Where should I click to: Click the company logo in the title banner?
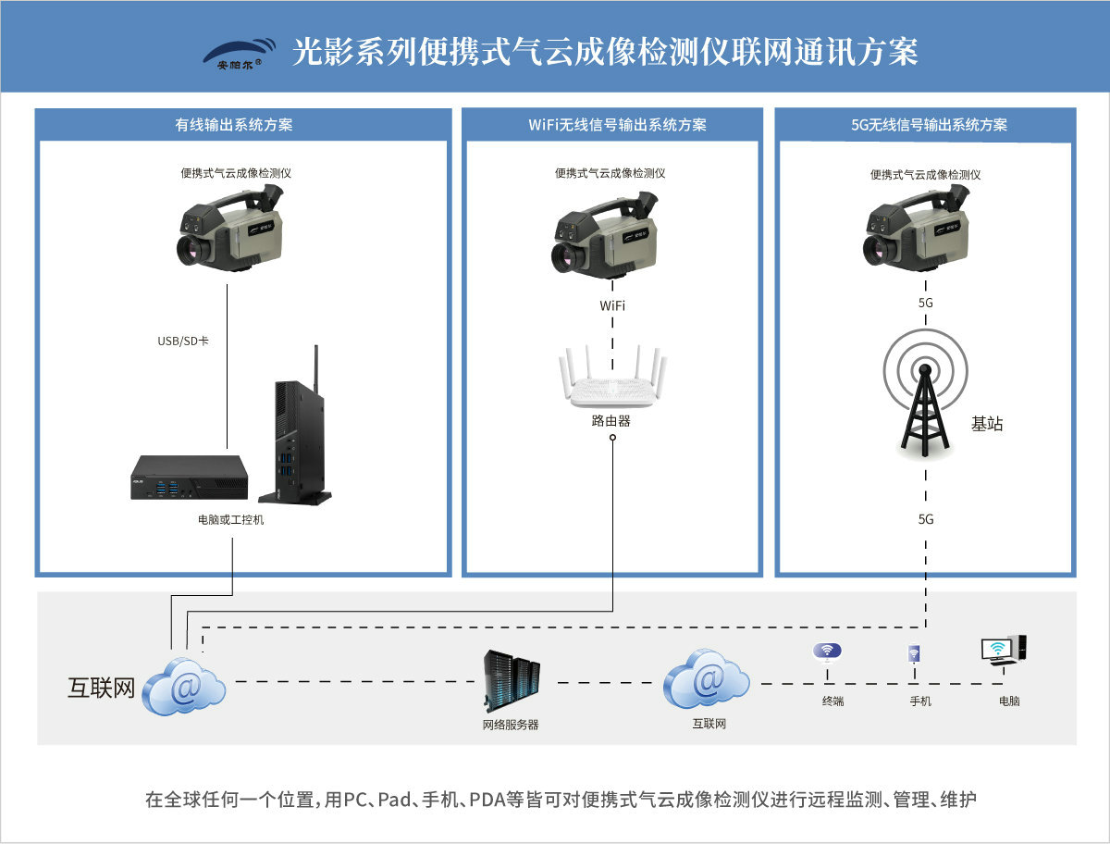pos(239,54)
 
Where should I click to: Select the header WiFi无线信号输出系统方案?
pos(611,124)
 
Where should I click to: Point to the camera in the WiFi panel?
pos(607,232)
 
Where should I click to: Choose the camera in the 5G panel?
pos(918,230)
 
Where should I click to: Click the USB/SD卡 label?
pos(183,341)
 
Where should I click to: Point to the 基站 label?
pos(987,425)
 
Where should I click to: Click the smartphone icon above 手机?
pos(914,654)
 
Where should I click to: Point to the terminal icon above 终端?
pos(827,652)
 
